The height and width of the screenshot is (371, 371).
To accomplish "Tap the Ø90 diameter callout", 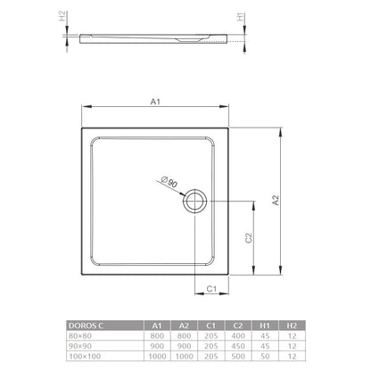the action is pos(169,182).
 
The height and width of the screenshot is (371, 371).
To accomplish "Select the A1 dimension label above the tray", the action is pos(155,102).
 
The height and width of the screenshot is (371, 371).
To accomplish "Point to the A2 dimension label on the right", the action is pos(276,200).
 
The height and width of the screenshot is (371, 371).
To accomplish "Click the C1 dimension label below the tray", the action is pos(211,289).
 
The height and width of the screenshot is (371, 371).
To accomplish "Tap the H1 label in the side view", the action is pos(240,17).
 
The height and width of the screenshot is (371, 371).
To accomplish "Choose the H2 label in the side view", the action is pos(62,16).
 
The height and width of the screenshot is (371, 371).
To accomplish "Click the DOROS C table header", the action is pos(86,326).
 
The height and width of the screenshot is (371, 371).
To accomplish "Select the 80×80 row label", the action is pos(80,336).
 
